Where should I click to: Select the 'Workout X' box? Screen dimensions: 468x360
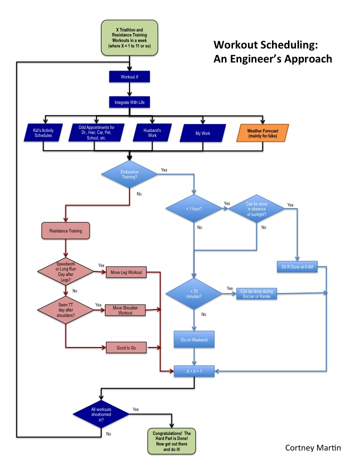coord(129,77)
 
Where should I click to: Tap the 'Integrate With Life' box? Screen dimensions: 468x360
coord(129,102)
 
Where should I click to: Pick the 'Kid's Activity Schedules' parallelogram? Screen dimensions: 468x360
coord(44,133)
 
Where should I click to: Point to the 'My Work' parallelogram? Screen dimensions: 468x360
coord(202,133)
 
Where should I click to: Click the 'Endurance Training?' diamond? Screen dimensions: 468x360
coord(129,174)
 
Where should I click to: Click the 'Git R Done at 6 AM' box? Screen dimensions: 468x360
coord(297,266)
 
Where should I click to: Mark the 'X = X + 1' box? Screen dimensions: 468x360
coord(194,371)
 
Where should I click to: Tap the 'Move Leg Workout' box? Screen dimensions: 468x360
coord(124,272)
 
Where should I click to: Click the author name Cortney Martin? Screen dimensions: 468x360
coord(313,447)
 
